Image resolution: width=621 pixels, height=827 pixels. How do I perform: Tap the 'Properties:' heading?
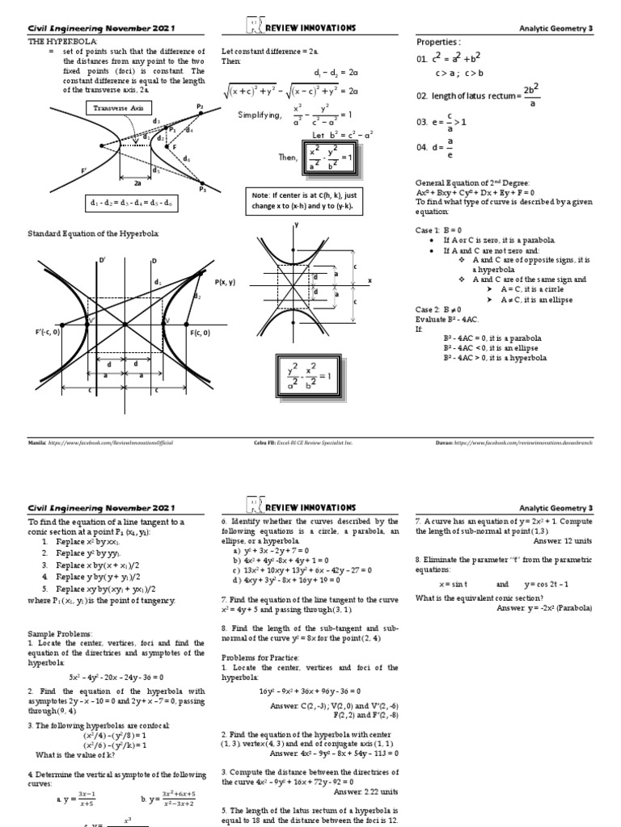point(437,41)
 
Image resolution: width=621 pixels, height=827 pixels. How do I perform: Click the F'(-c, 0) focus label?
point(44,333)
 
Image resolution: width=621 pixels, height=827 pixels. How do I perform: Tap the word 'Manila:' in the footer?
point(38,443)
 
